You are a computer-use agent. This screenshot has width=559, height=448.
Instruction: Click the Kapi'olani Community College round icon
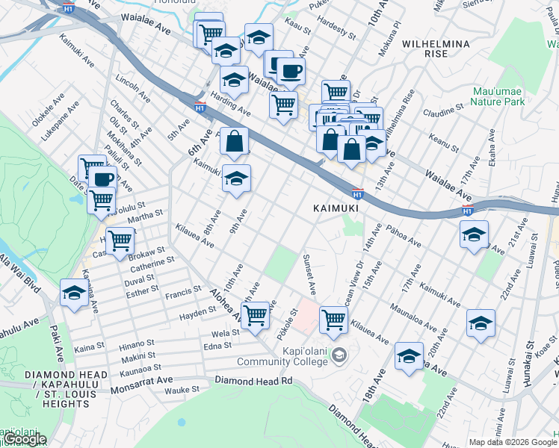tap(339, 353)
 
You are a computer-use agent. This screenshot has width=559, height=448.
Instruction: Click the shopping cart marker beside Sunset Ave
tap(333, 319)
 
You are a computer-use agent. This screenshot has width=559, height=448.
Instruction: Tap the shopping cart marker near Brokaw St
tap(120, 240)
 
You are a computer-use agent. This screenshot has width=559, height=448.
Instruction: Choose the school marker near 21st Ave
tap(474, 234)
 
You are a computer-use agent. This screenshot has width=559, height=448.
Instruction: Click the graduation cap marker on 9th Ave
tap(236, 178)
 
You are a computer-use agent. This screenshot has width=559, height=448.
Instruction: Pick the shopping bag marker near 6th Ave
tap(234, 140)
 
